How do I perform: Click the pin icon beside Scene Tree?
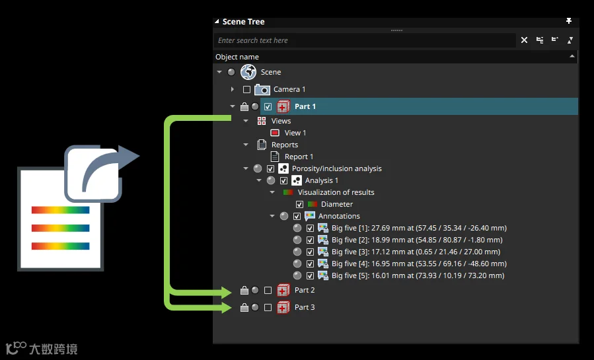[569, 21]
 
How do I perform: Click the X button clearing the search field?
[525, 40]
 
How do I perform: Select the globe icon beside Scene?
[248, 72]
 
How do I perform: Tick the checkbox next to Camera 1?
[246, 89]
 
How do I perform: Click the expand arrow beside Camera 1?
[232, 89]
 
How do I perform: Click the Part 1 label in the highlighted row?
[305, 106]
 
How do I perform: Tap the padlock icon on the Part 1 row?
[244, 107]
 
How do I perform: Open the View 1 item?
[295, 133]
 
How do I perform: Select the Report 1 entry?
[299, 157]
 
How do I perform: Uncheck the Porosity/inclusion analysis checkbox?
[270, 169]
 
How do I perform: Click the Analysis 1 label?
[322, 180]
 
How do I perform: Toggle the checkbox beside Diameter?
[299, 204]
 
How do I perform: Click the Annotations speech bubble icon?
[310, 216]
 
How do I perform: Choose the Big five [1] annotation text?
[419, 228]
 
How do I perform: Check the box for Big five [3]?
[310, 252]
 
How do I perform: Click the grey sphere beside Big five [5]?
[297, 275]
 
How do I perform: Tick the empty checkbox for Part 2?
[268, 291]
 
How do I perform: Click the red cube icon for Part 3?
[283, 307]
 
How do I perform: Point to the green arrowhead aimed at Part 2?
[226, 292]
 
